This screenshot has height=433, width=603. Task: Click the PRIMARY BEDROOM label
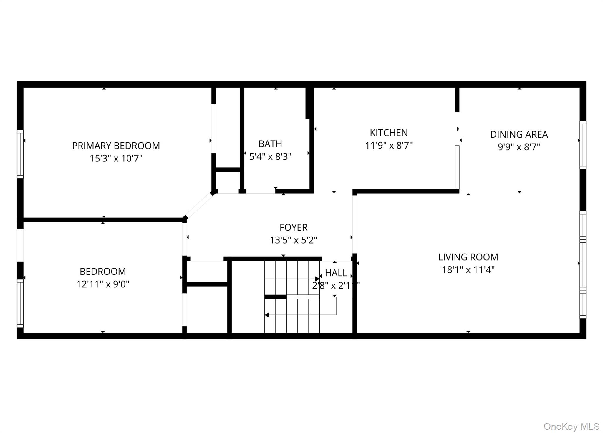coord(116,146)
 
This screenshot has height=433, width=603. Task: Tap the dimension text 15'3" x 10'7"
coord(116,159)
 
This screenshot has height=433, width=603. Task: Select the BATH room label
coord(270,144)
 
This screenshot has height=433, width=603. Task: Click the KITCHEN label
coord(389,133)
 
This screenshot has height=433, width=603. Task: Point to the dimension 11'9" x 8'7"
coord(389,146)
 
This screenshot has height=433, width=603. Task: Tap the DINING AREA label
coord(519,134)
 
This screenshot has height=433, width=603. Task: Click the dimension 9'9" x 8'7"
coord(519,147)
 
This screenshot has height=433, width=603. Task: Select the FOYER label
coord(293,227)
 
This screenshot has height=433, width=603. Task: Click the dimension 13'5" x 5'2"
coord(293,240)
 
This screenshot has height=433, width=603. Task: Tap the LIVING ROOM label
coord(468,257)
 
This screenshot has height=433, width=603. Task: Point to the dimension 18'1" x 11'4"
coord(468,270)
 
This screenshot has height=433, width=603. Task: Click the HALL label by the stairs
coord(336,273)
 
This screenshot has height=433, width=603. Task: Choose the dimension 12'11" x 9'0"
coord(103,284)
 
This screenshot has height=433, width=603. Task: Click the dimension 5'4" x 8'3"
coord(270,156)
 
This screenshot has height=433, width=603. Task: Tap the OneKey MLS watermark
coord(571,426)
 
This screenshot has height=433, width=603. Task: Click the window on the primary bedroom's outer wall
coord(20,154)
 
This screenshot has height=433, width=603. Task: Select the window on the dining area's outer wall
coord(583,145)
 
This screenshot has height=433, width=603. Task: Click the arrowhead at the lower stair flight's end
coord(267,315)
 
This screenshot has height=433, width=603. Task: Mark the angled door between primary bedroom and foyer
coord(199,206)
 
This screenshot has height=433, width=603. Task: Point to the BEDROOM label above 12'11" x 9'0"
coord(103,271)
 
